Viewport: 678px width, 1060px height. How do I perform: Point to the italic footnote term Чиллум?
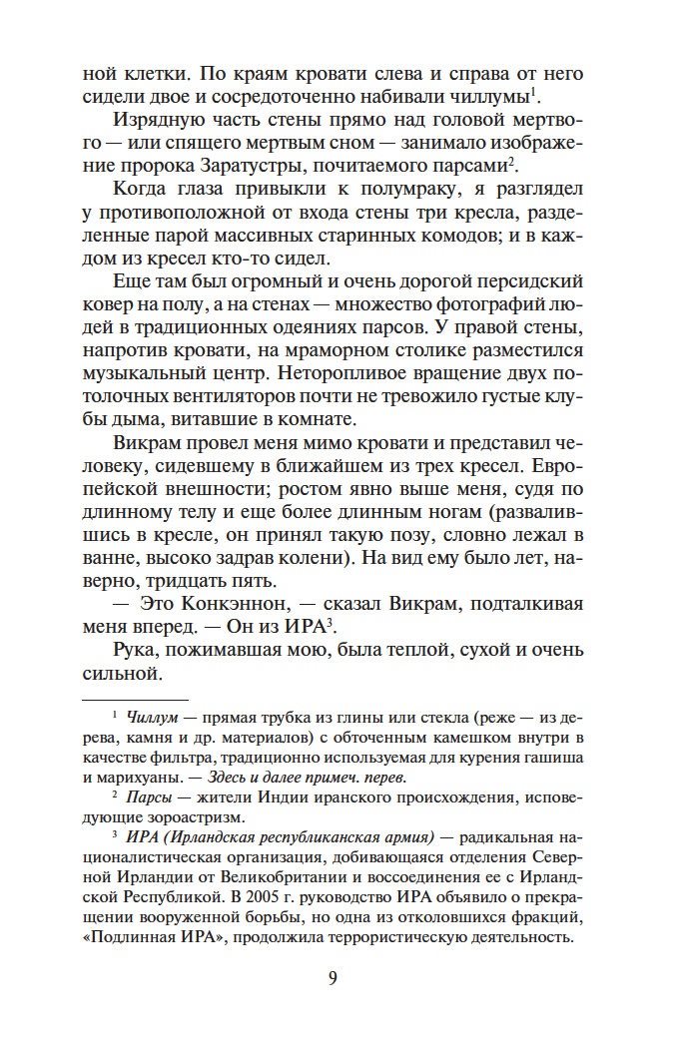coord(146,715)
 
